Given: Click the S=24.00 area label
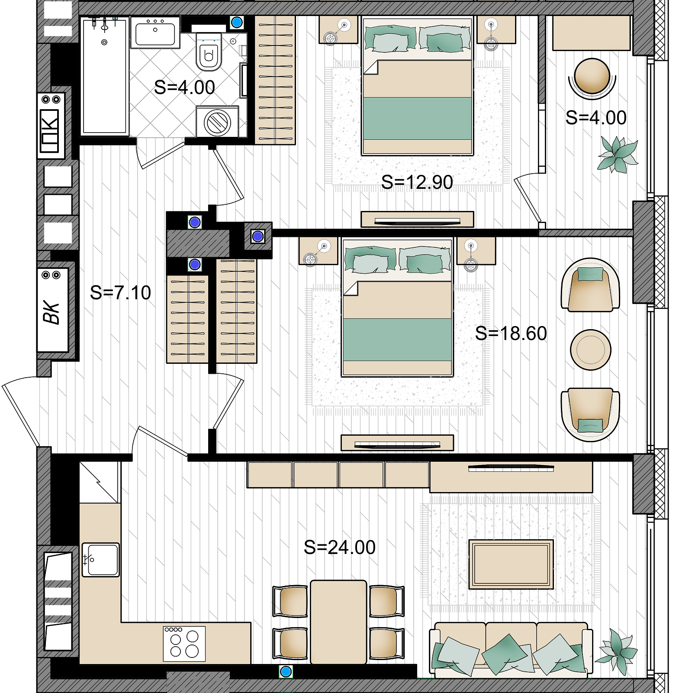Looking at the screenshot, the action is coord(340,547).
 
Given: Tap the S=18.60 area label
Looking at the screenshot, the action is coord(511,334).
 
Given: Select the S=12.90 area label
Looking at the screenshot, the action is coord(417,182).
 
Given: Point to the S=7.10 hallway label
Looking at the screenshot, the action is coord(120,293).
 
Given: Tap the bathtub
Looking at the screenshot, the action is coord(105,75).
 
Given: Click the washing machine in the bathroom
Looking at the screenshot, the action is coord(217,121).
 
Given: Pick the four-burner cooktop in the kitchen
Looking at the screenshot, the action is coord(184,644).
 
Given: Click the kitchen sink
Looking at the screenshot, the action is coord(100,560).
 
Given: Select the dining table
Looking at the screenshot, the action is coord(338,622).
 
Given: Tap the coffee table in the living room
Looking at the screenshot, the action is coord(511,564).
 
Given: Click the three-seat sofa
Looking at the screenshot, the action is coord(511,650).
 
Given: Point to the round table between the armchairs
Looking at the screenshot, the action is coord(591,350).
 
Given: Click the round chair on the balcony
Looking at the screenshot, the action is coord(592,78).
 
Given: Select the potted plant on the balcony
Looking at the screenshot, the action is coord(618,154).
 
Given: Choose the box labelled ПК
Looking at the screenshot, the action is coord(50,126).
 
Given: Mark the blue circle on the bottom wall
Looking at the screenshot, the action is coord(286,672).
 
